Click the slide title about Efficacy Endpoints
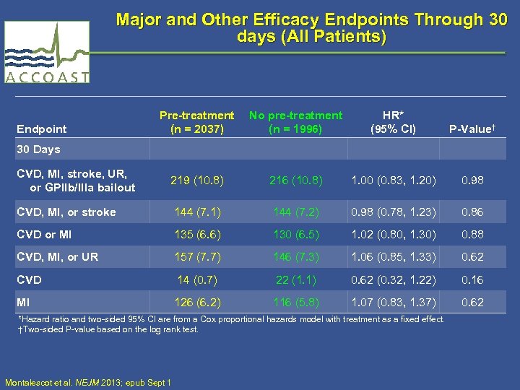311,27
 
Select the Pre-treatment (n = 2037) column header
196,122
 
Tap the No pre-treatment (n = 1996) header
295,122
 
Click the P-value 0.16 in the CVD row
472,279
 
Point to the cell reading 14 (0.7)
196,279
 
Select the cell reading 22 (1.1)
295,279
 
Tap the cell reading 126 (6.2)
196,303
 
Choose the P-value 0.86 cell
472,212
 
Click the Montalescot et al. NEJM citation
87,382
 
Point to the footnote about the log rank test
108,329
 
